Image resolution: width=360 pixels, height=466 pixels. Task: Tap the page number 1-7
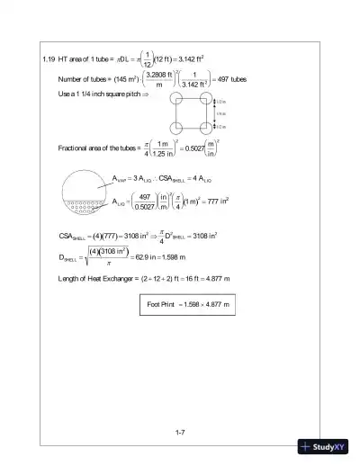pos(180,432)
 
